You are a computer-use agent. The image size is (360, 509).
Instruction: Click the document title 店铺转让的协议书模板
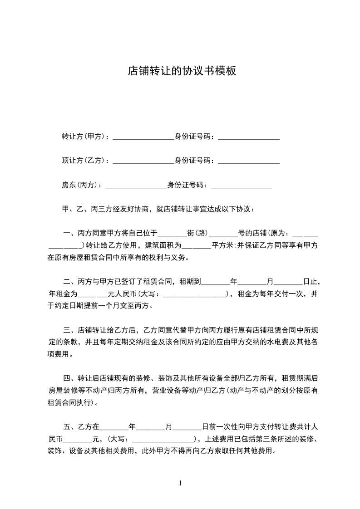pos(182,71)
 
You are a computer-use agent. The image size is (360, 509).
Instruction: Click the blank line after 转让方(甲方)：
pos(143,137)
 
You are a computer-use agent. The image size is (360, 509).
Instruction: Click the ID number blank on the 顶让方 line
pos(249,161)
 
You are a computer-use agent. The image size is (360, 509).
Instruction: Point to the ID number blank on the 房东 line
pos(242,186)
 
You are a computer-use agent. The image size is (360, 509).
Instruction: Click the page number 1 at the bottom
pos(180,483)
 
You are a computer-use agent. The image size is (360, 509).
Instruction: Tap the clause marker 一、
pos(70,234)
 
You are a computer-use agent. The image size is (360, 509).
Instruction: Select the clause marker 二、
pos(70,282)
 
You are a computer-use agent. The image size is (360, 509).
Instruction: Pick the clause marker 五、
pos(70,427)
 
